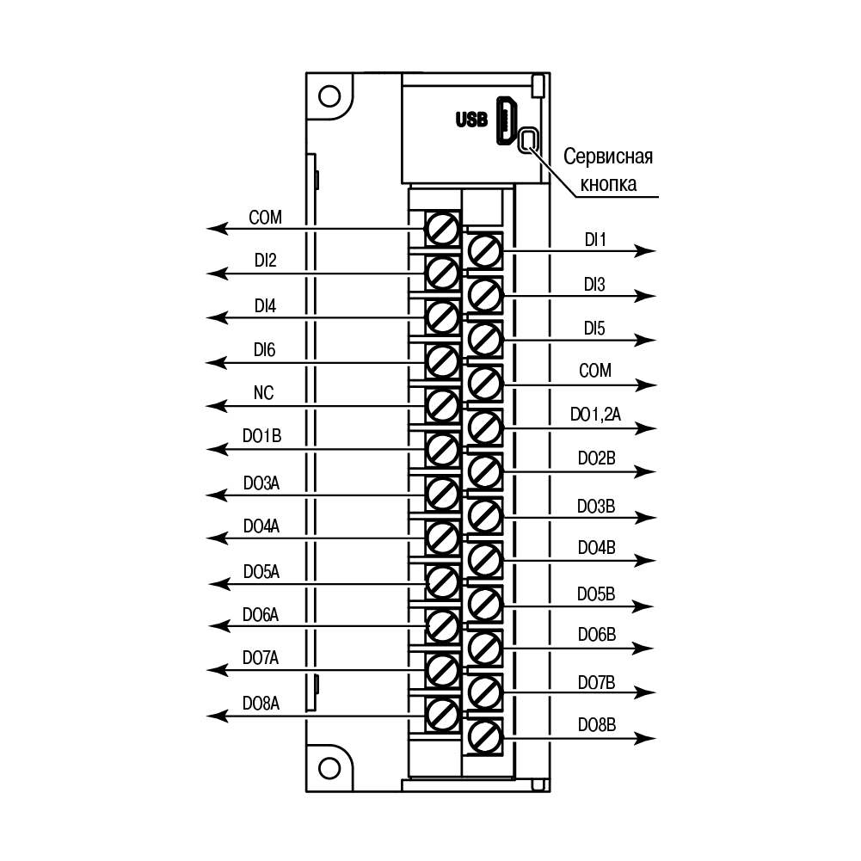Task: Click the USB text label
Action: [471, 120]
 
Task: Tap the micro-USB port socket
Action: [507, 120]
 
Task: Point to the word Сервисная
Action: [608, 157]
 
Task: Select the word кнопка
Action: [608, 184]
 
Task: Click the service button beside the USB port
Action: [528, 140]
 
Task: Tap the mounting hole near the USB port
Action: [329, 96]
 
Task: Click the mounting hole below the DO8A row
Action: [329, 767]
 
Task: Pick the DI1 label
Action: [595, 240]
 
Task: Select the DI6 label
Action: [265, 350]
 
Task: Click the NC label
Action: [263, 392]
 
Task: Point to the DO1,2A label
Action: [596, 415]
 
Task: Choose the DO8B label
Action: [597, 725]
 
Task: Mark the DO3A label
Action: [261, 483]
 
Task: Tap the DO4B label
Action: [597, 547]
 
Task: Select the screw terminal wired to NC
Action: [442, 406]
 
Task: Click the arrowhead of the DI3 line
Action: [645, 296]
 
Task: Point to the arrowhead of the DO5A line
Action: [219, 584]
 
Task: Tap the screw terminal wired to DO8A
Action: [442, 715]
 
